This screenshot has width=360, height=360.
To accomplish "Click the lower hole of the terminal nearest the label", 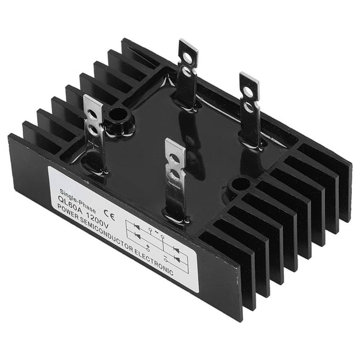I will click(x=174, y=174).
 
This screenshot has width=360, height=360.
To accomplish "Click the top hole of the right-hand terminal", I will click(x=248, y=92).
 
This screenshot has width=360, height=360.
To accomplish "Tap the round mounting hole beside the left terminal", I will click(x=119, y=114).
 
